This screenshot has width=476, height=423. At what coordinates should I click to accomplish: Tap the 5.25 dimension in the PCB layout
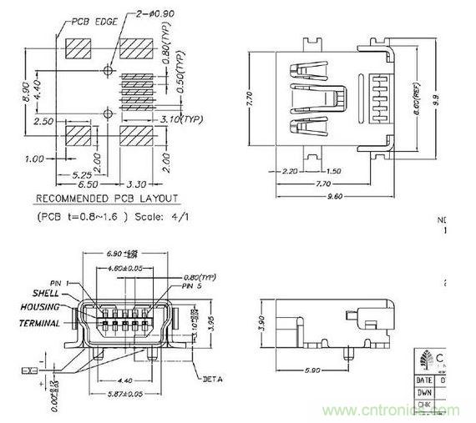pyautogui.click(x=82, y=175)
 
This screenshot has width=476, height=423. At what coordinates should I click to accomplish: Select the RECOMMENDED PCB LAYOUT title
pyautogui.click(x=106, y=199)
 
